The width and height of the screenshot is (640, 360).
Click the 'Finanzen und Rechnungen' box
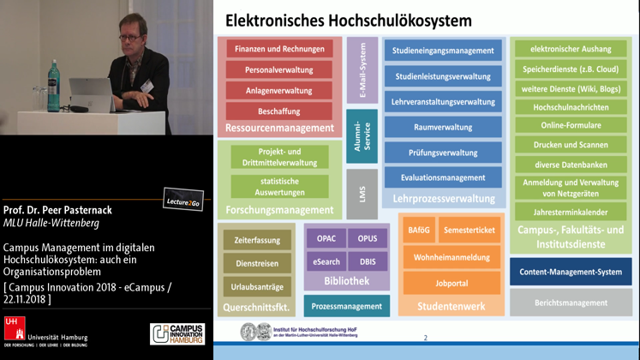point(280,50)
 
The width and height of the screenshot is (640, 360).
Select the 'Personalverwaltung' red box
point(280,70)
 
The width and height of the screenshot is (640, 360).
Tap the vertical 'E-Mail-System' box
point(362,70)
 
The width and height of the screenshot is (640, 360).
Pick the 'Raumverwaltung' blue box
point(443,128)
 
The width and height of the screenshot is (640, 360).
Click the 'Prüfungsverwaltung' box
point(443,153)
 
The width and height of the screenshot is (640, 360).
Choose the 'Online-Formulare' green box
point(571,125)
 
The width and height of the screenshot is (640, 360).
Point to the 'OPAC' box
point(326,239)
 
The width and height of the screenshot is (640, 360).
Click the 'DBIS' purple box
point(368,261)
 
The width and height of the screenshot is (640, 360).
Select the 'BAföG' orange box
point(419,231)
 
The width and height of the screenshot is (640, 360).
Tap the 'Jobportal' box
point(452,283)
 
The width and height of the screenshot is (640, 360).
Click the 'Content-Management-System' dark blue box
point(571,273)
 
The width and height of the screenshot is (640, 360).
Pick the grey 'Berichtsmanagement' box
point(571,303)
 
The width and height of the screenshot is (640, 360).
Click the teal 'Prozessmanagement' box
point(346,306)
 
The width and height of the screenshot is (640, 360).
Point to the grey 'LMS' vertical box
point(362,194)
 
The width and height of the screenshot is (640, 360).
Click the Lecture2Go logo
point(183,201)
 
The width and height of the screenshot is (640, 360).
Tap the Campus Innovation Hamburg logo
point(177,334)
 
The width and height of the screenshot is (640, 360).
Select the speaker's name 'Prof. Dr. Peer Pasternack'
point(57,210)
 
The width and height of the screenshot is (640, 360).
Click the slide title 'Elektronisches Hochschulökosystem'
point(349,20)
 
